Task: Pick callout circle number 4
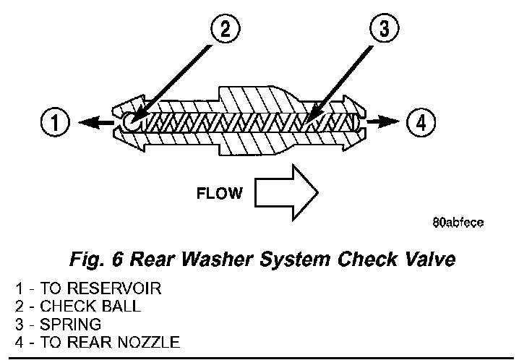pos(421,121)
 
